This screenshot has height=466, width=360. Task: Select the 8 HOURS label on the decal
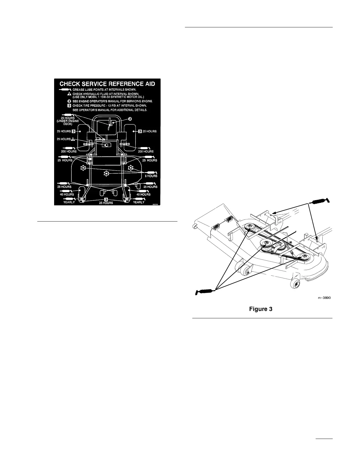pos(151,176)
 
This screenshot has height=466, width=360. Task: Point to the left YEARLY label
pos(69,202)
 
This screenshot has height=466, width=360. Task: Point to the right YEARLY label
pos(139,202)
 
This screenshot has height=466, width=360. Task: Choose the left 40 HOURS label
pos(67,194)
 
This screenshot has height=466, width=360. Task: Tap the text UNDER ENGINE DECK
pos(68,123)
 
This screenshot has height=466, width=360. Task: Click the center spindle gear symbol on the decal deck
pos(106,174)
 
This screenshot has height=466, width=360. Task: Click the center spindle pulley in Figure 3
pos(266,243)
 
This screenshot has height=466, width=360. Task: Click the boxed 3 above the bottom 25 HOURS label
pos(106,199)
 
